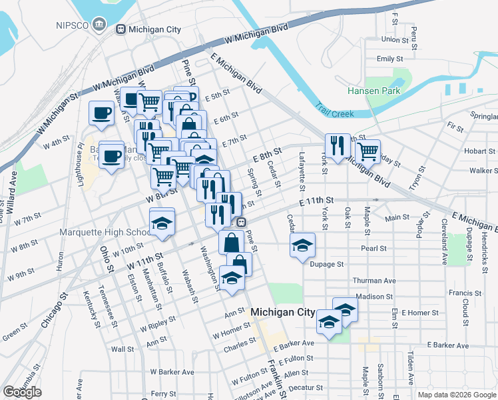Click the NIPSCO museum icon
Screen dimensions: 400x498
coord(99,25)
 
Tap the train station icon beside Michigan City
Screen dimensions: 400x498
coord(121,29)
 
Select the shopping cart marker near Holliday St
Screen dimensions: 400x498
coord(367,151)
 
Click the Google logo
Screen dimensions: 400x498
coord(22,392)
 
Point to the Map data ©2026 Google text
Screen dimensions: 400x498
coord(456,395)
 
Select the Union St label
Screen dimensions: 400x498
coord(395,39)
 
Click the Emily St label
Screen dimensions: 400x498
coord(386,59)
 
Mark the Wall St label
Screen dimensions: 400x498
coord(123,349)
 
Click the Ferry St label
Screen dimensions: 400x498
coord(163,394)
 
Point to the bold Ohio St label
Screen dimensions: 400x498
coord(106,259)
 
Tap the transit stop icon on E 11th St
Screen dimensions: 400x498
coord(242,223)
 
